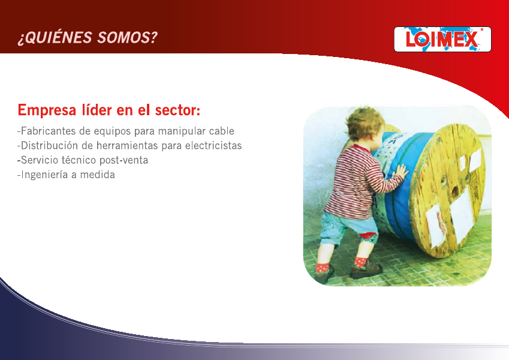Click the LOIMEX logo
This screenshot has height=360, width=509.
(442, 40)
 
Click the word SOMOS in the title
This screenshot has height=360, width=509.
(127, 38)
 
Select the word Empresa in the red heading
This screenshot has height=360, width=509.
(47, 110)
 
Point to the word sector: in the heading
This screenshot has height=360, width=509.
(177, 110)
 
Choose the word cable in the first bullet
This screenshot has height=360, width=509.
(222, 131)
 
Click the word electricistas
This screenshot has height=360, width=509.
(213, 145)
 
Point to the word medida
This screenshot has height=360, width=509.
(97, 175)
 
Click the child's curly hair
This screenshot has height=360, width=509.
(363, 122)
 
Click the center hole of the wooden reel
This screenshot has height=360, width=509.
(454, 191)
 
